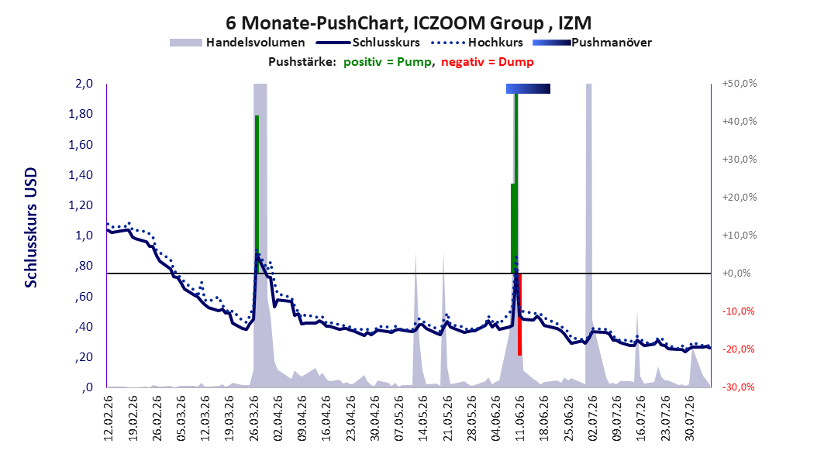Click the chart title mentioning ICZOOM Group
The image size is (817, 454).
pos(408,23)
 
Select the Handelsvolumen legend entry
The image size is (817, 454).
pos(237,43)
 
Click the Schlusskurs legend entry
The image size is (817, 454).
pos(367,43)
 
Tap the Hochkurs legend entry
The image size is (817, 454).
pos(477,43)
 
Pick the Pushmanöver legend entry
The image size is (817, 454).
pos(592,43)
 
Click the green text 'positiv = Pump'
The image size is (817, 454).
pos(387,62)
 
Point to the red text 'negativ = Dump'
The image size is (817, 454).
pos(488,62)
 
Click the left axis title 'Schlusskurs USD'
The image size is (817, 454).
pos(31,228)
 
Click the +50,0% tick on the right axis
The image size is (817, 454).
pos(739,84)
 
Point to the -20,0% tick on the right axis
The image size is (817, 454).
pos(738,349)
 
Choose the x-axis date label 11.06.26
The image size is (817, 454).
pos(520,418)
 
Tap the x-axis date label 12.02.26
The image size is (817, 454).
pos(109,418)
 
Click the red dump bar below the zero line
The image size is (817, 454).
pos(519,315)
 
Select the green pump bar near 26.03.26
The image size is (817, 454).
pos(257,194)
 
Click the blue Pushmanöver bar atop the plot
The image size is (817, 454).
pos(528,88)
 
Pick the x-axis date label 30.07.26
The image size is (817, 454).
pos(689,418)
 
